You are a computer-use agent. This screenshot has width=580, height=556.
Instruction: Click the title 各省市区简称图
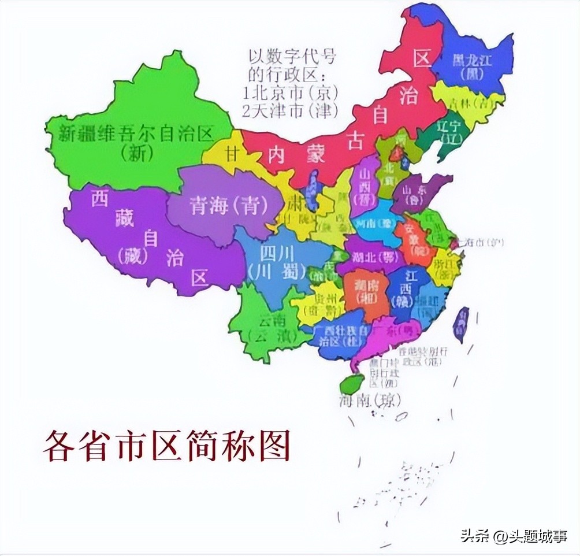pos(166,445)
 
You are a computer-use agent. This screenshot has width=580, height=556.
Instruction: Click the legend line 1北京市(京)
pos(291,92)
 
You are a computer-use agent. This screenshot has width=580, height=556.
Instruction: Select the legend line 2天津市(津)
pos(291,110)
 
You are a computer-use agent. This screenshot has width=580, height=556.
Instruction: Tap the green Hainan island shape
pos(352,382)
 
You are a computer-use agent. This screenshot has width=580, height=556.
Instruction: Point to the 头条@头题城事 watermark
pos(513,536)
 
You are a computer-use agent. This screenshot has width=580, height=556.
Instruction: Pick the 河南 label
pos(372,223)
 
